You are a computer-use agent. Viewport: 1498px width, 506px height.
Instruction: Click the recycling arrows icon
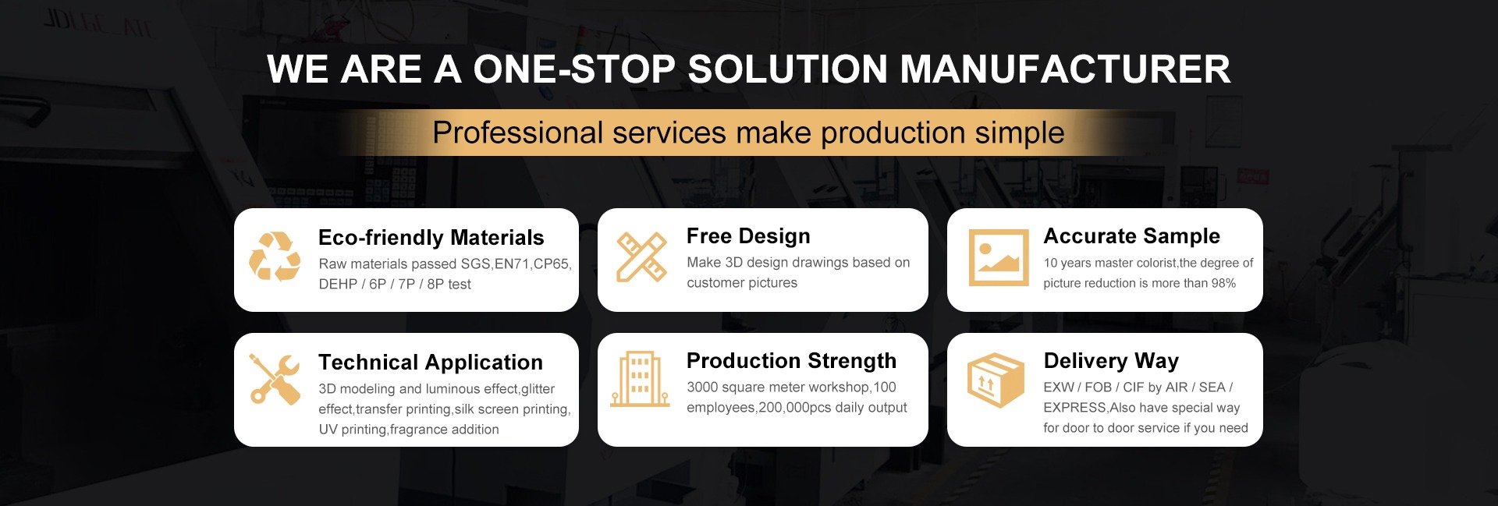[x=275, y=256]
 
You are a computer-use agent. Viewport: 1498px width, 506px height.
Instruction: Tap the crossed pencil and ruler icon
[x=641, y=257]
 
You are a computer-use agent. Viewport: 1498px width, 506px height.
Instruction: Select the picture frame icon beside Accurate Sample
[x=999, y=257]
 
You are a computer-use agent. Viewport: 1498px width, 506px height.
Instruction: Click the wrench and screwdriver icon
[x=275, y=379]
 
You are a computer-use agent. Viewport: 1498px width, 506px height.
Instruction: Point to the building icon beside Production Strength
[x=640, y=380]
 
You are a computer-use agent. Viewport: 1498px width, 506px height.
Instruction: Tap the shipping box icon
[x=996, y=380]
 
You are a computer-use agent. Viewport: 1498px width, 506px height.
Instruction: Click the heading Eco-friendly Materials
[x=431, y=237]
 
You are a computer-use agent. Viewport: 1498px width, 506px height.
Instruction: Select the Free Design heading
[x=748, y=235]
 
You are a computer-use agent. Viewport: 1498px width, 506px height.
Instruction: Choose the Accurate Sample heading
[x=1132, y=235]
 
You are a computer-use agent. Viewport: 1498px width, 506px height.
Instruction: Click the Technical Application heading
[x=431, y=362]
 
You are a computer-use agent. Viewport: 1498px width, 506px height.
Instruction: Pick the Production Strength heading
[x=791, y=360]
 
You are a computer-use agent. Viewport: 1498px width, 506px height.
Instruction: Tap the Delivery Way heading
[x=1111, y=360]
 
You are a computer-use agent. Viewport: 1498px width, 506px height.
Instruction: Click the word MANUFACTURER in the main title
[x=1066, y=69]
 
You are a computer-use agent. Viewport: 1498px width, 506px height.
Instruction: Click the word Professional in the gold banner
[x=518, y=133]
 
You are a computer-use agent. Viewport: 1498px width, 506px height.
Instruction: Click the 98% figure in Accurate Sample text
[x=1223, y=283]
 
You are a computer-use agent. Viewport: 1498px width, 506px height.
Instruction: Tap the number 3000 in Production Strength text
[x=701, y=387]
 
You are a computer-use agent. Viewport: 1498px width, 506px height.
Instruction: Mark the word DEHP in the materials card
[x=338, y=284]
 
